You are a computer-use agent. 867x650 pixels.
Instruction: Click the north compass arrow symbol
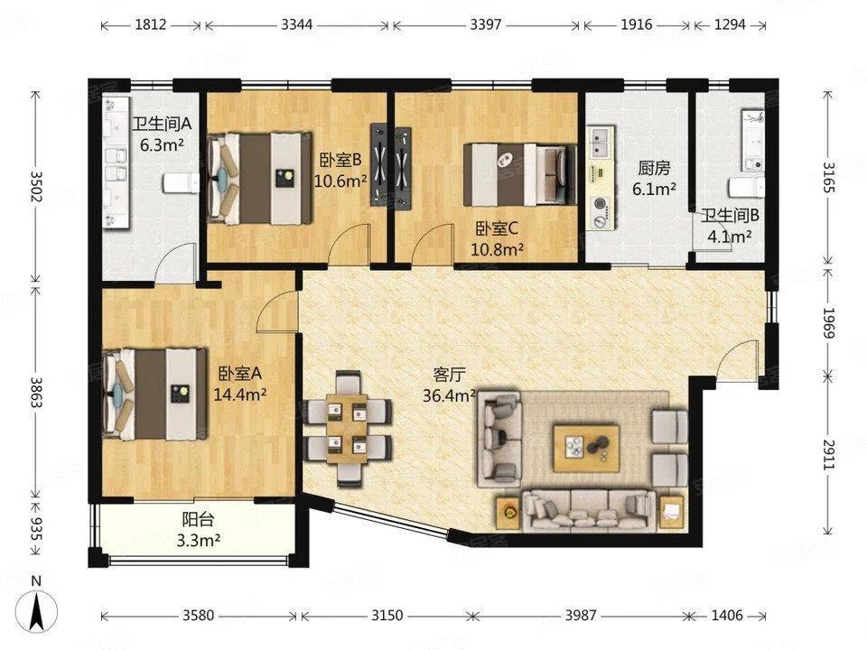36,611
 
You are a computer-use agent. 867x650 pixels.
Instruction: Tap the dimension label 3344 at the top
297,25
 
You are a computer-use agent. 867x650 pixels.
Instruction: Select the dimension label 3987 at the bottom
579,615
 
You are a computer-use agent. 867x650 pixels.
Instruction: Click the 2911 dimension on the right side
828,454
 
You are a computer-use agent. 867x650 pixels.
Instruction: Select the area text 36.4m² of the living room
450,395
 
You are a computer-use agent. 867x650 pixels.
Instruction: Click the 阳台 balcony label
198,520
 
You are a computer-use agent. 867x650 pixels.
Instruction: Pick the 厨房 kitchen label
654,168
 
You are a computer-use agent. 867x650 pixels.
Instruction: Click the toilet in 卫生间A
181,183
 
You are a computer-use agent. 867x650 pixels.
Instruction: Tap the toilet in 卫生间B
747,188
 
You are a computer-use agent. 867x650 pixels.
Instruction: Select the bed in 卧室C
520,174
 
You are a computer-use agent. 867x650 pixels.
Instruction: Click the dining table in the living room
347,429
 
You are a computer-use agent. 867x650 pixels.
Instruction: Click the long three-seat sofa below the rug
590,511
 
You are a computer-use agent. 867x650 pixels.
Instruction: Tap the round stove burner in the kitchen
601,204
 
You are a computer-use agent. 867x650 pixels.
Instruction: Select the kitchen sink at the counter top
601,142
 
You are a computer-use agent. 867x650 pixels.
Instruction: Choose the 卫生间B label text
730,216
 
